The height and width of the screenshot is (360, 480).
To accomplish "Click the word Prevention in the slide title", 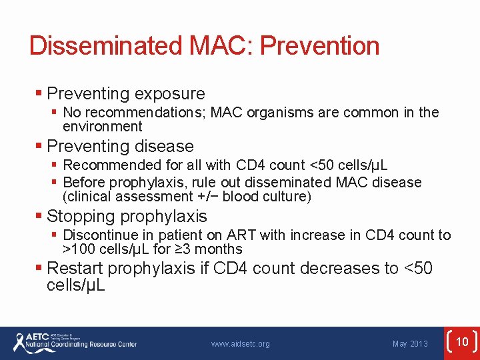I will tap(319, 46).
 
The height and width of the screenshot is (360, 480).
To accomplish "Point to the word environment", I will tap(102, 127).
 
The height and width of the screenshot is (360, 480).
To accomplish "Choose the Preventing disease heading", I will tap(120, 146).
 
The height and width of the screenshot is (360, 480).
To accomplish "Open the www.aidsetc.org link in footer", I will tap(240, 344).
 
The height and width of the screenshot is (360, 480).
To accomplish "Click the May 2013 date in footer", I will tap(410, 344).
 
